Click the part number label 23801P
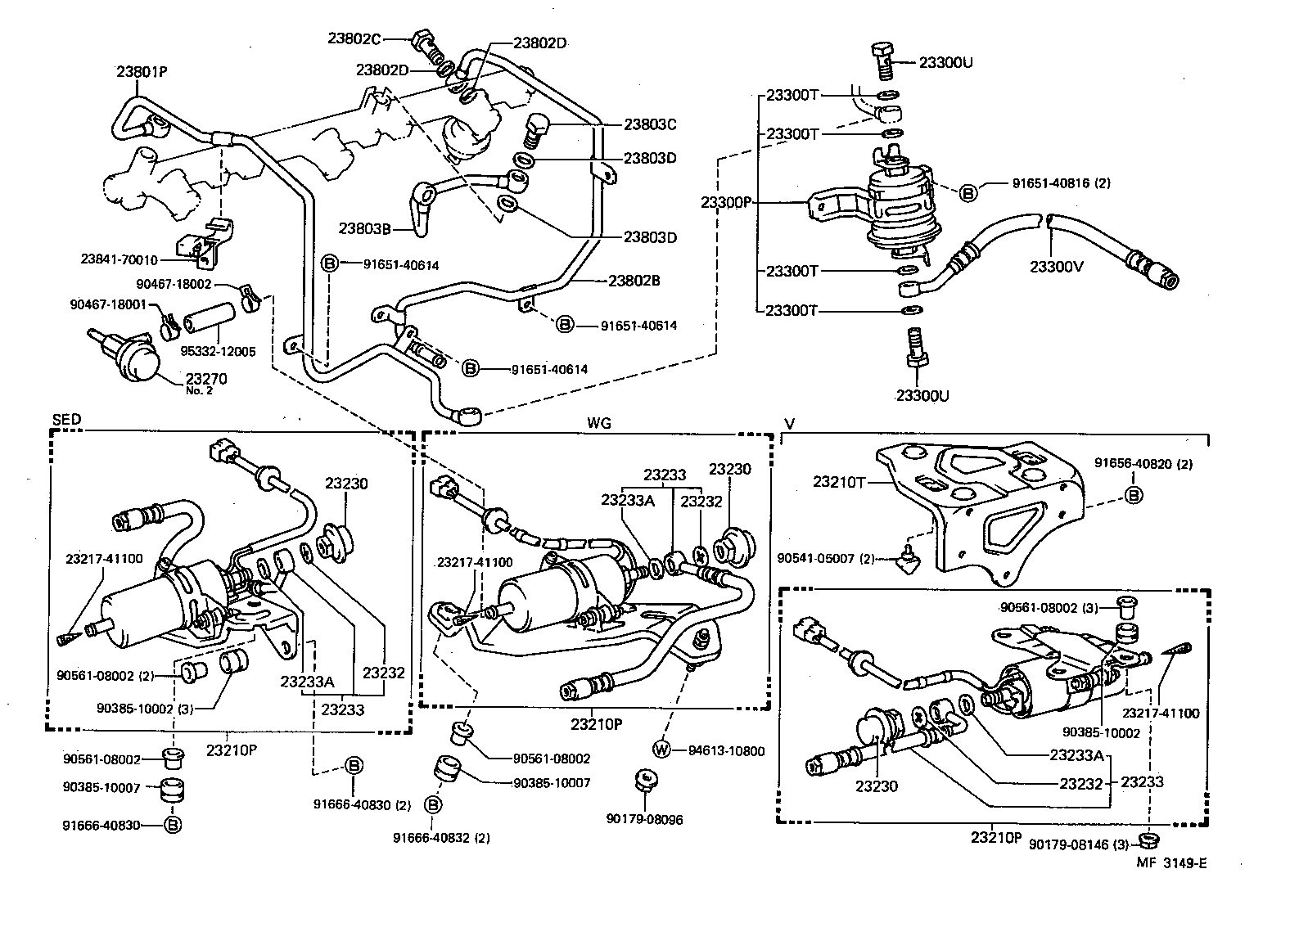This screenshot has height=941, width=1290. tap(142, 71)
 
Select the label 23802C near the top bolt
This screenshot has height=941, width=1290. tap(354, 38)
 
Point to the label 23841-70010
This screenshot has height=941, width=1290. tap(120, 260)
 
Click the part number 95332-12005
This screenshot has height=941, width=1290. tap(218, 352)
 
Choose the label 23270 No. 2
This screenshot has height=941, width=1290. tap(206, 383)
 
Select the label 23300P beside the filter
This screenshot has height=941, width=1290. tap(726, 202)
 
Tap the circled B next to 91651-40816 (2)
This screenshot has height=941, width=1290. tap(968, 193)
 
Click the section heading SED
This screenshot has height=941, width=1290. tap(66, 420)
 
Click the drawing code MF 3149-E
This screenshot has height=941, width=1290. tap(1172, 862)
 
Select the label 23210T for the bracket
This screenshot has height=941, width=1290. tap(839, 482)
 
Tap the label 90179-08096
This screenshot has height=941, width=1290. tap(644, 818)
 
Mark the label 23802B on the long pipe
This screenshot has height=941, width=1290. tap(634, 280)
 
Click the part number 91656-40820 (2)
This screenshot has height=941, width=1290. tap(1143, 464)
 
